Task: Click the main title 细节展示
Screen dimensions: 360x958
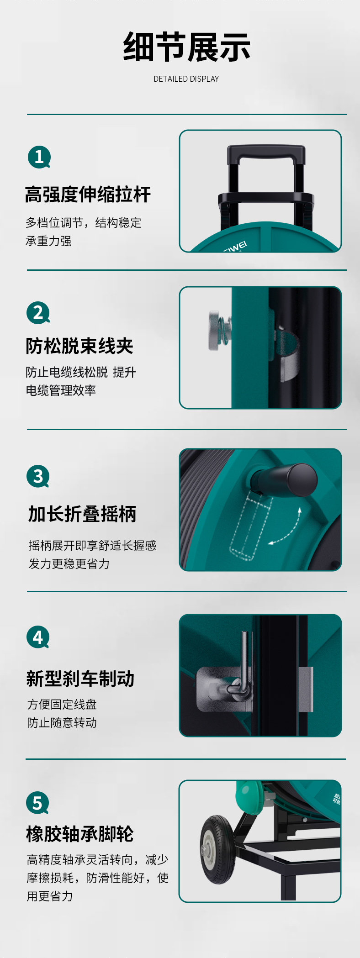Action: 186,47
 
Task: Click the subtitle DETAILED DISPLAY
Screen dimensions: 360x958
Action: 186,79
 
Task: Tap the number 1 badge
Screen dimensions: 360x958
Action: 39,157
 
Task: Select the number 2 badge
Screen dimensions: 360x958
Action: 38,313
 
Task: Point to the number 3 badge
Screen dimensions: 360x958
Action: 38,476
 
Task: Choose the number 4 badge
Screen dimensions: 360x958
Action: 38,637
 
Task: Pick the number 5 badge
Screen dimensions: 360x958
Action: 37,803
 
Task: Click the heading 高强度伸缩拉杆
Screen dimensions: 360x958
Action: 88,195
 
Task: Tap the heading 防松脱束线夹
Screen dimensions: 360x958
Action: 79,346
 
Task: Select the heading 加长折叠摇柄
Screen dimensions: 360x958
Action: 82,514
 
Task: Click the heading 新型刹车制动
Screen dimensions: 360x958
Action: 80,679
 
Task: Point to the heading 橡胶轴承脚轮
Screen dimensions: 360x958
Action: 80,834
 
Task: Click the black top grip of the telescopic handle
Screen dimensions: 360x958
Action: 266,152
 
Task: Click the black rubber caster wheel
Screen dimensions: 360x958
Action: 217,850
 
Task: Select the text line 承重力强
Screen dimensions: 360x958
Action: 48,241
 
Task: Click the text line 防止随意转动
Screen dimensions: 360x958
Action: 62,722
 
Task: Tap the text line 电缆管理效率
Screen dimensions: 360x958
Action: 61,390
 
